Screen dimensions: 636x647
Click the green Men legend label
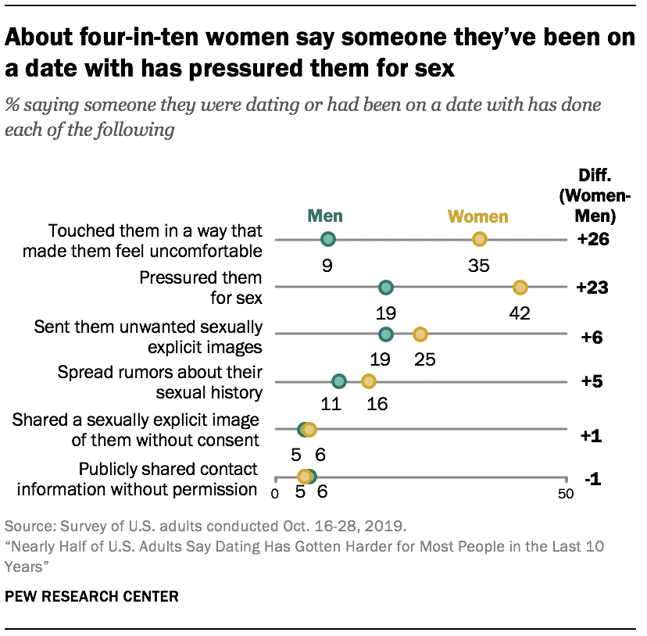click(x=324, y=216)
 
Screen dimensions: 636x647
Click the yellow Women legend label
click(x=477, y=217)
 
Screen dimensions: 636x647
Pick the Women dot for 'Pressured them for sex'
click(x=520, y=288)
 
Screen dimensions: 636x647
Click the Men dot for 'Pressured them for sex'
click(x=385, y=288)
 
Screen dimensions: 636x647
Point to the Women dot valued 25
click(x=420, y=334)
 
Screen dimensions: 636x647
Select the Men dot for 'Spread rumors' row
click(x=338, y=381)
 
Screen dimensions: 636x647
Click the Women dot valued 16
click(x=368, y=381)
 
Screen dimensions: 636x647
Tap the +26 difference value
click(x=592, y=240)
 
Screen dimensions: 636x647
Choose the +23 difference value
click(x=592, y=288)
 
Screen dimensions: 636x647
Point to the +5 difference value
click(x=592, y=383)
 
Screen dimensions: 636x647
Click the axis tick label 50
click(x=565, y=494)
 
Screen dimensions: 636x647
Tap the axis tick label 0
click(x=275, y=494)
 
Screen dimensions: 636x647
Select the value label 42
click(x=520, y=313)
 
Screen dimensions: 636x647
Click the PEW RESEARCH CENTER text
click(x=92, y=596)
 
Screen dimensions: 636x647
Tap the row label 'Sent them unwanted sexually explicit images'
click(x=148, y=336)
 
